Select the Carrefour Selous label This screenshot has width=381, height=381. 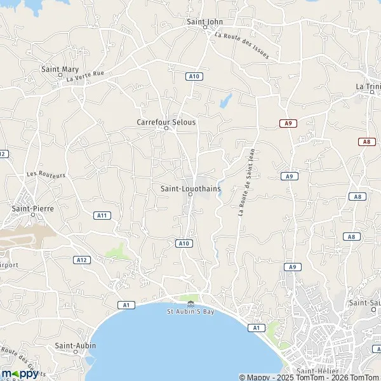166,121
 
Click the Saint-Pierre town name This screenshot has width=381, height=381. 31,207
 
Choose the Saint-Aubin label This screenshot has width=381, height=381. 72,345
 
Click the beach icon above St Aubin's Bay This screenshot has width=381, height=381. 190,301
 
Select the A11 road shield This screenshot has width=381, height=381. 102,215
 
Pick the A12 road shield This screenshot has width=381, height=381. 81,260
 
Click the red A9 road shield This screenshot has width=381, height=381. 288,123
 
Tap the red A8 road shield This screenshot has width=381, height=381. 366,142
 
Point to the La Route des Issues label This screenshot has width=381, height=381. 241,46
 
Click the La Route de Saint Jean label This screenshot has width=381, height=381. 246,182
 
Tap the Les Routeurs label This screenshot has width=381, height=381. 46,174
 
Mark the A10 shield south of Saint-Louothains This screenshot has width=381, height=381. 184,243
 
